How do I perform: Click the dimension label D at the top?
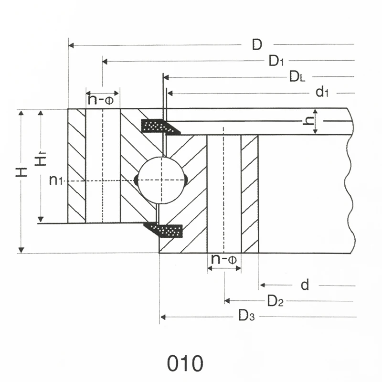coord(257,45)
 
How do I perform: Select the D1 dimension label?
coord(276,61)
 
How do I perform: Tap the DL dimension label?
coord(297,76)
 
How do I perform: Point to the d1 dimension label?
coord(322,92)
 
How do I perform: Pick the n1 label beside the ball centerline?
coord(56,180)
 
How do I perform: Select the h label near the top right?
coord(309,121)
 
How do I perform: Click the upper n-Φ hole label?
coord(103,100)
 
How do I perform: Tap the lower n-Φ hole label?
coord(224,259)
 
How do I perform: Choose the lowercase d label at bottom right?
coord(305,285)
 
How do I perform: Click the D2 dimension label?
coord(276,301)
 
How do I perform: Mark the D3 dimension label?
coord(246,316)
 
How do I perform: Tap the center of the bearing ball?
coord(161,180)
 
